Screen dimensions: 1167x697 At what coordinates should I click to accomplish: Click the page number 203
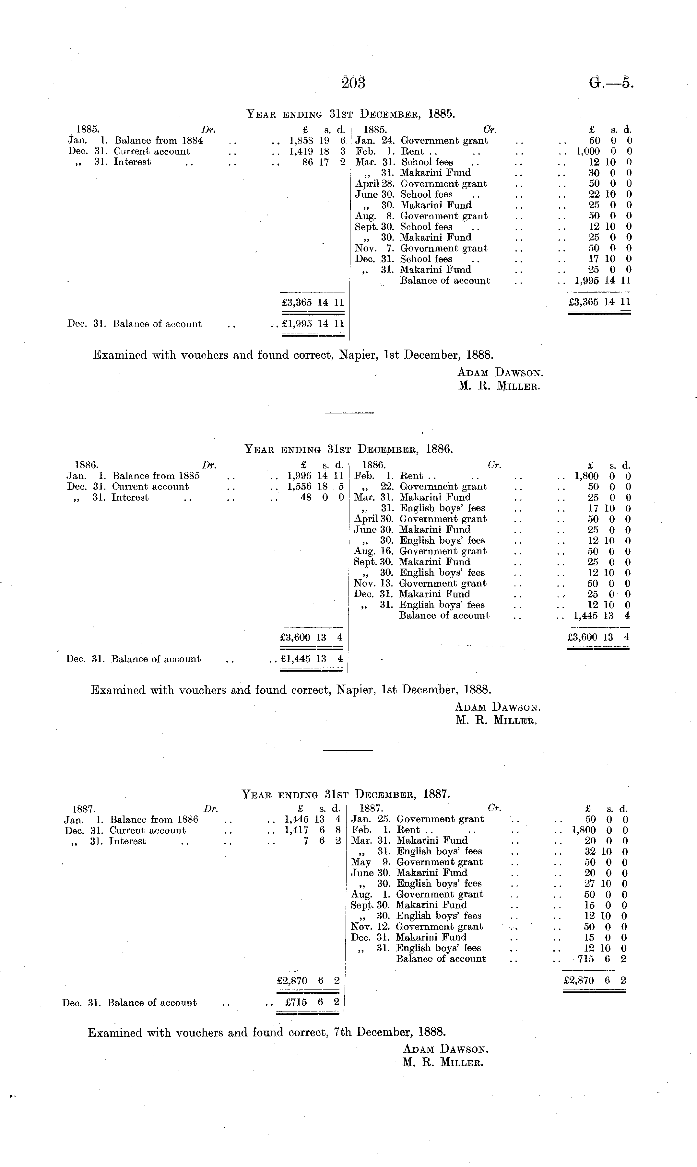[x=353, y=83]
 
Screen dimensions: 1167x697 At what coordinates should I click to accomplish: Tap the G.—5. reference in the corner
[x=611, y=83]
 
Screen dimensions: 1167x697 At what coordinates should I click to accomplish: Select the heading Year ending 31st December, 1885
[x=350, y=113]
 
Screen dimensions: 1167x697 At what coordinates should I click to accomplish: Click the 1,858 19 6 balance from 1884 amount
[x=317, y=140]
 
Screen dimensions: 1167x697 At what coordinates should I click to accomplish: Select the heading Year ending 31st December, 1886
[x=348, y=449]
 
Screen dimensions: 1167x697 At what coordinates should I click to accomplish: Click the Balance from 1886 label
[x=154, y=819]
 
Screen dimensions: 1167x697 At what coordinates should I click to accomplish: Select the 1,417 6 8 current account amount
[x=312, y=830]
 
